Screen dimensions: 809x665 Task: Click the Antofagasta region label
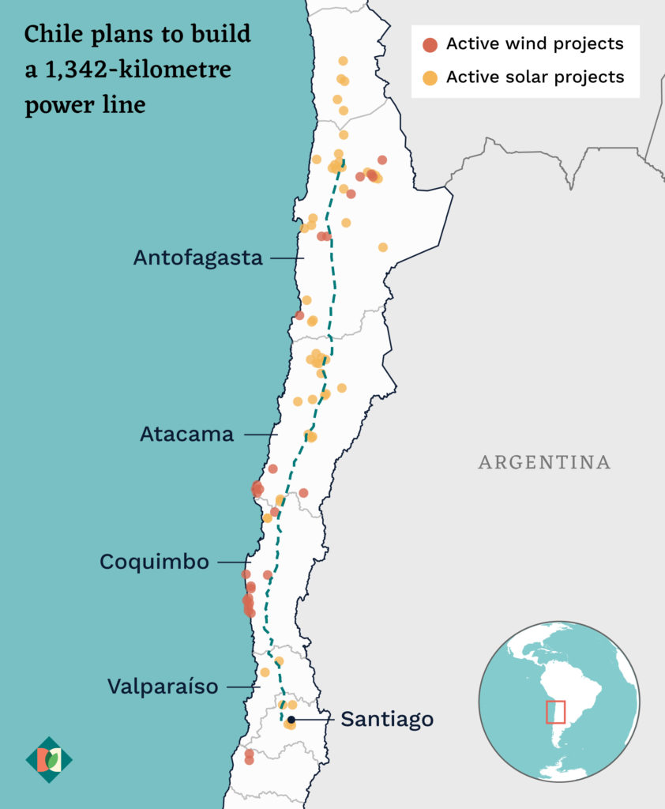tap(197, 258)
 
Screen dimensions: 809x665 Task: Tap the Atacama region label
tap(186, 434)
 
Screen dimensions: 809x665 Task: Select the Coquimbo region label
tap(154, 562)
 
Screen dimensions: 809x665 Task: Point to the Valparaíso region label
tap(162, 687)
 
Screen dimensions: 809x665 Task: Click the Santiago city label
tap(387, 720)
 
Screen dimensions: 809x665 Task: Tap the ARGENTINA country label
tap(544, 462)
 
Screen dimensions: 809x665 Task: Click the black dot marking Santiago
tap(291, 720)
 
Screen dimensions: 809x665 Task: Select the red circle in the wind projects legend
tap(430, 44)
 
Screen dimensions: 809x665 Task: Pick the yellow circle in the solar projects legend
tap(430, 77)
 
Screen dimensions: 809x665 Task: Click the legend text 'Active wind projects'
tap(535, 44)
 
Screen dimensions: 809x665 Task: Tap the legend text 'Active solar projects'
tap(535, 77)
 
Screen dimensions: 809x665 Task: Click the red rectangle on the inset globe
tap(555, 711)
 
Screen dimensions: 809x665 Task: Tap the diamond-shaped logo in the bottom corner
tap(49, 760)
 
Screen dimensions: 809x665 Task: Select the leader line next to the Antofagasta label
tap(287, 258)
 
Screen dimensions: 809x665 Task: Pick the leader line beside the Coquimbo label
tap(233, 562)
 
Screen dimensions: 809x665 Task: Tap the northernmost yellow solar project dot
tap(343, 61)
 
